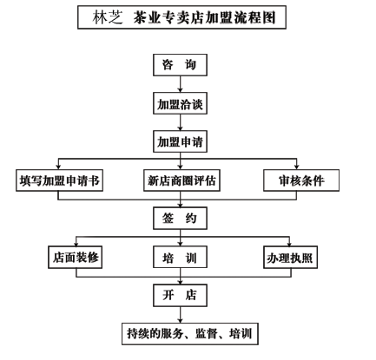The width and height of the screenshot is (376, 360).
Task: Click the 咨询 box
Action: pyautogui.click(x=180, y=65)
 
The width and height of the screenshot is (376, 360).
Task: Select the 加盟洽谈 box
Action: pyautogui.click(x=180, y=103)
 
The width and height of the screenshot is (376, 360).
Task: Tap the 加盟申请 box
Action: pyautogui.click(x=180, y=141)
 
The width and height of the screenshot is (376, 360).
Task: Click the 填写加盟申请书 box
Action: pyautogui.click(x=59, y=180)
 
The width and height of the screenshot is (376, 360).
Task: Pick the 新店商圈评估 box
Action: pyautogui.click(x=181, y=180)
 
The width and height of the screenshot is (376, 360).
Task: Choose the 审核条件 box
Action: pyautogui.click(x=301, y=180)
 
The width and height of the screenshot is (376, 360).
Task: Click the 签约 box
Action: pyautogui.click(x=180, y=219)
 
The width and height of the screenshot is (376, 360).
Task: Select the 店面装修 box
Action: pyautogui.click(x=76, y=257)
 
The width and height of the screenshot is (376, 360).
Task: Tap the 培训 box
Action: pyautogui.click(x=180, y=257)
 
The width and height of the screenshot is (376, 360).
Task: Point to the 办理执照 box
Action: pyautogui.click(x=290, y=257)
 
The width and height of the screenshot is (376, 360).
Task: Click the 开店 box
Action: pyautogui.click(x=180, y=295)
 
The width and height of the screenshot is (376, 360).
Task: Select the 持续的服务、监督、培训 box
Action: pyautogui.click(x=190, y=334)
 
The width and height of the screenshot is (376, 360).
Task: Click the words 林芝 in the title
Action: pyautogui.click(x=108, y=17)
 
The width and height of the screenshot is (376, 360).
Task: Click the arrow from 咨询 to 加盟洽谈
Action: pyautogui.click(x=180, y=84)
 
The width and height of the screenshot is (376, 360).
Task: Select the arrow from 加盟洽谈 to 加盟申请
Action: pyautogui.click(x=180, y=122)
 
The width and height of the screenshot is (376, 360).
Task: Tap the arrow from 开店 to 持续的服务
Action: pyautogui.click(x=180, y=315)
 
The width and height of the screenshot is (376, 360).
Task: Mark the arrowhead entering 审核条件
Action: pyautogui.click(x=296, y=167)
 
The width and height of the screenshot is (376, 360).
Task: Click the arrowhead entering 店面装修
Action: pyautogui.click(x=76, y=244)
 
